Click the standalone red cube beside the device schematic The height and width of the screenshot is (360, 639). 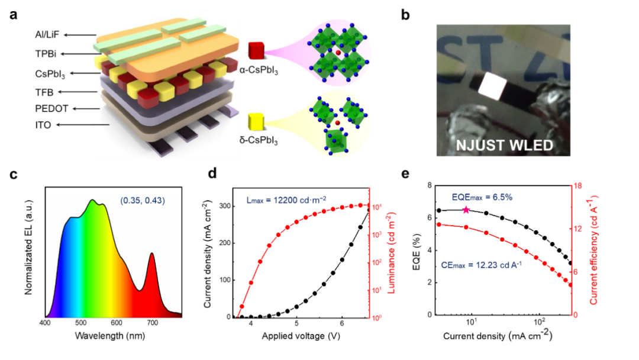tap(256, 51)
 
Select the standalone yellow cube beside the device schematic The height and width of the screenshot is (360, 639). tap(256, 122)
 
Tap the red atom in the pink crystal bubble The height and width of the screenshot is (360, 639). tap(338, 53)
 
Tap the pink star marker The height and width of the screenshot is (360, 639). tap(466, 210)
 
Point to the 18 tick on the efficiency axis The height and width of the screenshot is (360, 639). tap(579, 186)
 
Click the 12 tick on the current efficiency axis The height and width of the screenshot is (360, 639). tap(579, 229)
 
